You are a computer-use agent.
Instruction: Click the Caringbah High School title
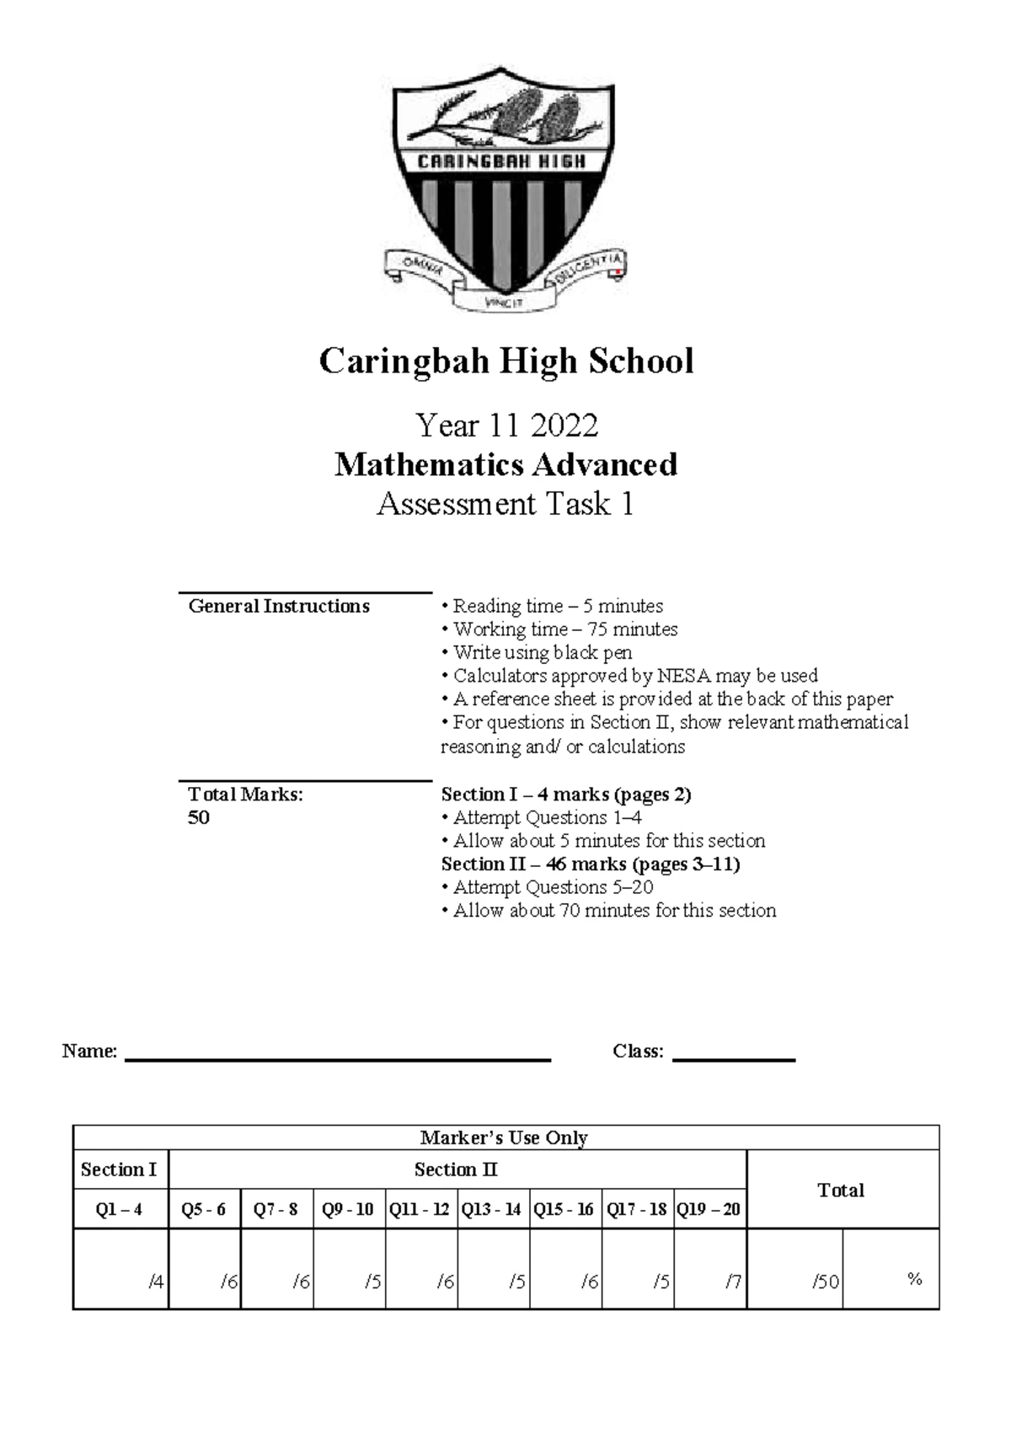click(505, 361)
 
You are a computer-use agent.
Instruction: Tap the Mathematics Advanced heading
click(505, 465)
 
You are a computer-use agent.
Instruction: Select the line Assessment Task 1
click(505, 504)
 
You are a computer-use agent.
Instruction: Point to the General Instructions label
click(279, 607)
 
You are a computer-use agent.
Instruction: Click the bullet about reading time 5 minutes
click(552, 607)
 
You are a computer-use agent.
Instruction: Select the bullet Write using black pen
click(537, 653)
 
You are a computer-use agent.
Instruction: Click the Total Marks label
click(245, 795)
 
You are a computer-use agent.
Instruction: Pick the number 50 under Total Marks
click(199, 818)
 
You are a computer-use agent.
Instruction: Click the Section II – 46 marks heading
click(590, 864)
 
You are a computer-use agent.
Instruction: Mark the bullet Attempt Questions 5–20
click(547, 887)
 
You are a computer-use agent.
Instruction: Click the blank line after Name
click(337, 1055)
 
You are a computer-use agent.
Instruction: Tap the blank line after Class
click(733, 1055)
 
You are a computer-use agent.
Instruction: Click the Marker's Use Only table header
click(505, 1137)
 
